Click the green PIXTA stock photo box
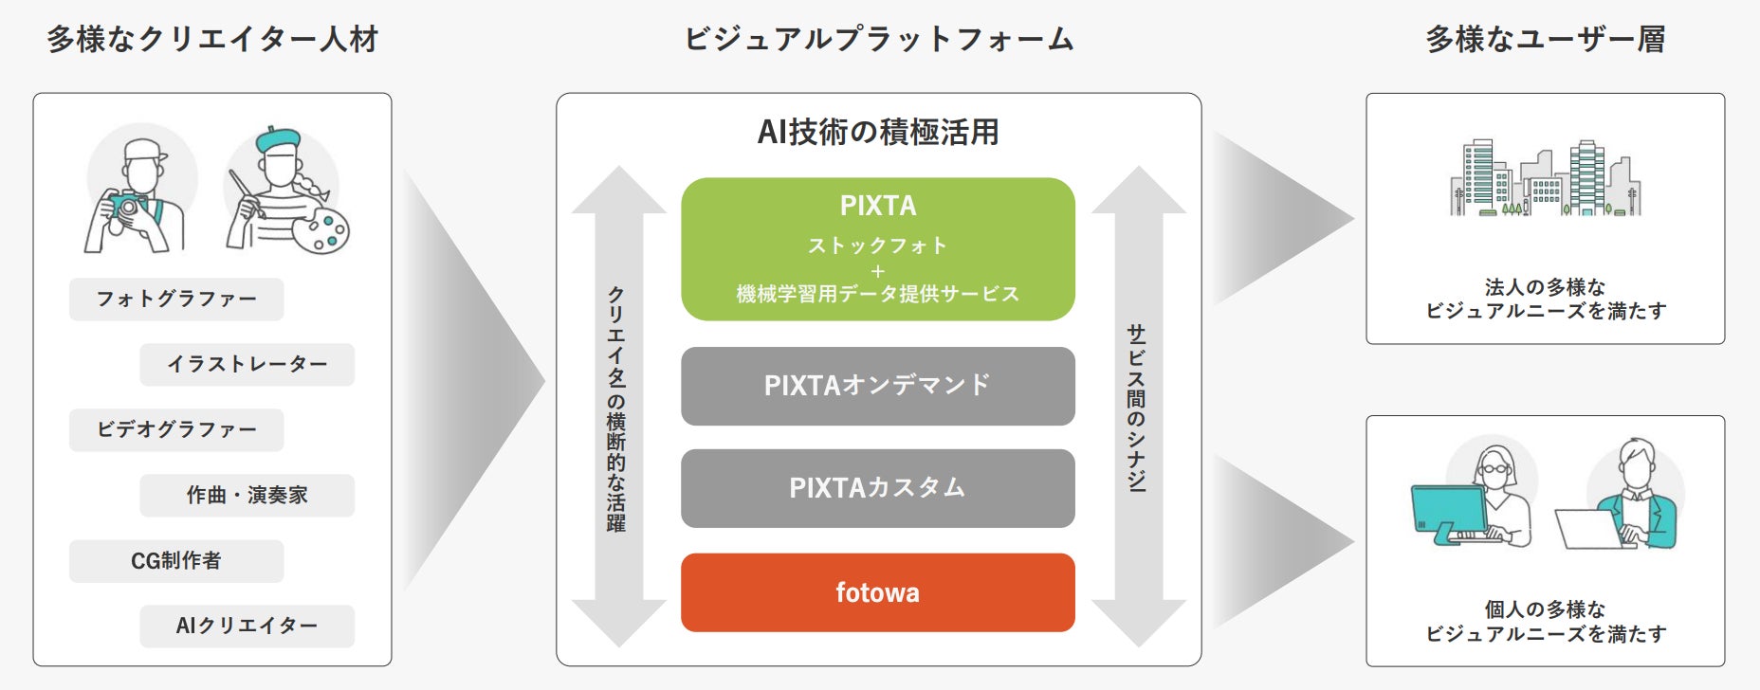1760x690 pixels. (x=877, y=248)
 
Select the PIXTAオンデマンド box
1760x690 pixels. (x=877, y=386)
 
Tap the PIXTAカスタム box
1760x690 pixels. (x=877, y=488)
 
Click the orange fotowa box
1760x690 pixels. (x=877, y=592)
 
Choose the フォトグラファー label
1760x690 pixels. (x=176, y=300)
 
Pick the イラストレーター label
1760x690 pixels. (x=247, y=365)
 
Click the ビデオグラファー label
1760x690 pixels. (x=176, y=430)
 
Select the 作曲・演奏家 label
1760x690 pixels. (x=247, y=496)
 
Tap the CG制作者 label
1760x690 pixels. (x=176, y=561)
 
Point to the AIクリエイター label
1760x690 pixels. (x=247, y=626)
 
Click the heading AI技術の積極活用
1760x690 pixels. (x=877, y=132)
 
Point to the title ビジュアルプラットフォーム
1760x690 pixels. (x=878, y=39)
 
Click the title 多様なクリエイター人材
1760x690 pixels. (x=212, y=39)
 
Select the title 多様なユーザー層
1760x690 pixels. (x=1545, y=39)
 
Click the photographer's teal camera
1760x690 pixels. (x=125, y=204)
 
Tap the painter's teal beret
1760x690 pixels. (x=278, y=138)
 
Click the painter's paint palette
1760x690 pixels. (x=321, y=230)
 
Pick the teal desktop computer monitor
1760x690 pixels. (x=1448, y=510)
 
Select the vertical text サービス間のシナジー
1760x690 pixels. (x=1136, y=408)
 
